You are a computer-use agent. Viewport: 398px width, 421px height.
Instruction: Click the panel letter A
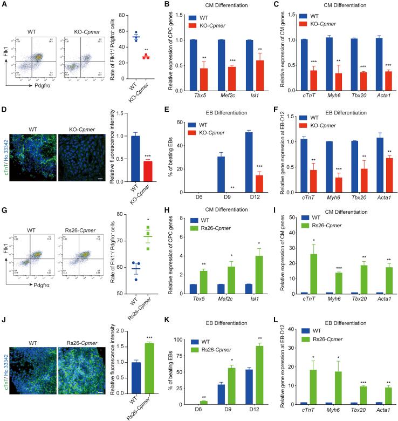(x=5, y=4)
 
